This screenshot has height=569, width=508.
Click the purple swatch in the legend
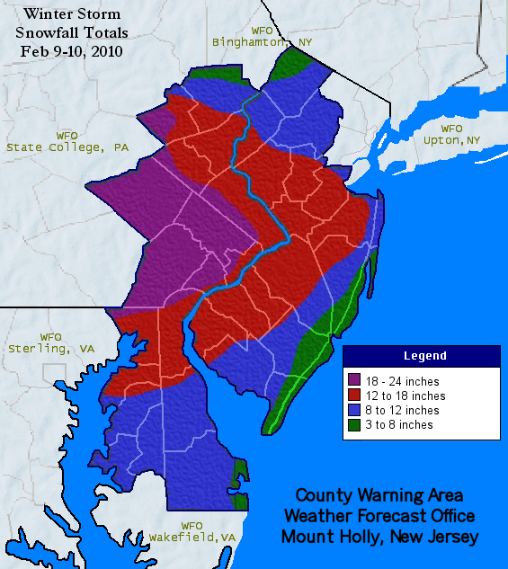point(354,381)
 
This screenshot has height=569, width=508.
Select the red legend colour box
point(354,396)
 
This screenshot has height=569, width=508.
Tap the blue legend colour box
point(354,410)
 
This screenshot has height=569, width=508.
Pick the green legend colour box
point(354,424)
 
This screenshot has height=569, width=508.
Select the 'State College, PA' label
point(67,147)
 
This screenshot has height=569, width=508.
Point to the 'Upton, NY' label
point(451,140)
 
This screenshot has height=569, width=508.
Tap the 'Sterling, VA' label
point(51,348)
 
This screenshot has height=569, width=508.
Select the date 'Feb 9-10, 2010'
point(73,50)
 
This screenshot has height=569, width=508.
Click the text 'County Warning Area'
point(379,495)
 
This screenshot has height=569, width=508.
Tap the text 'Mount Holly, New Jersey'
point(379,537)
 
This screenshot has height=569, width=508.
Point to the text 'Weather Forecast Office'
point(379,516)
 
